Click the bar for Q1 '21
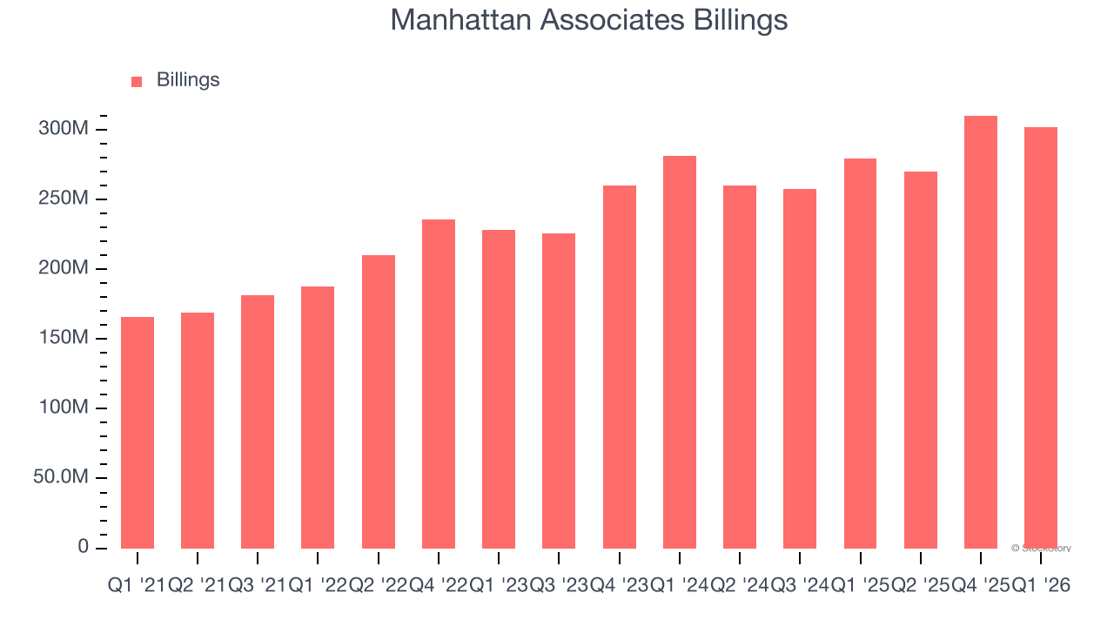[x=138, y=433]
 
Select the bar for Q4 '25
[x=981, y=332]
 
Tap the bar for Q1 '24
[x=680, y=352]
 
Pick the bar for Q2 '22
[x=379, y=401]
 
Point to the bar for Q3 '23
[x=559, y=391]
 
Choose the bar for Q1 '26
[x=1041, y=338]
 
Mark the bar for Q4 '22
[x=439, y=384]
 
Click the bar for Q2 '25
[x=921, y=360]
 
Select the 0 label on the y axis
[x=84, y=547]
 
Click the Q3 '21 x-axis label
[x=258, y=586]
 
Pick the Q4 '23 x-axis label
[x=619, y=586]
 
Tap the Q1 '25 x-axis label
[x=860, y=586]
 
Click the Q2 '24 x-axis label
[x=740, y=586]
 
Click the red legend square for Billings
[x=137, y=81]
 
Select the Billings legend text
[x=188, y=80]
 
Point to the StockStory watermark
[x=1042, y=549]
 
